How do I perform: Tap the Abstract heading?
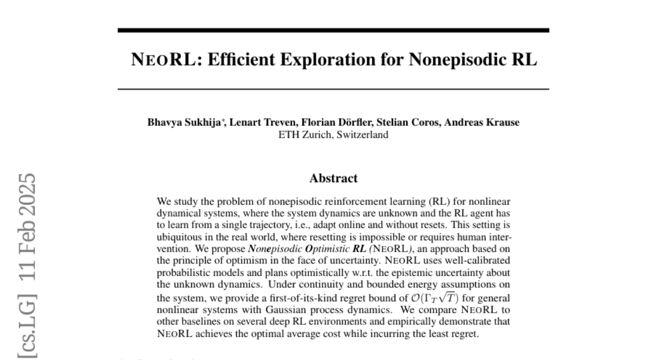click(x=333, y=178)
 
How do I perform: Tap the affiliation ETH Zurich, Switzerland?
click(x=333, y=134)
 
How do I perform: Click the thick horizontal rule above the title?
click(x=333, y=30)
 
